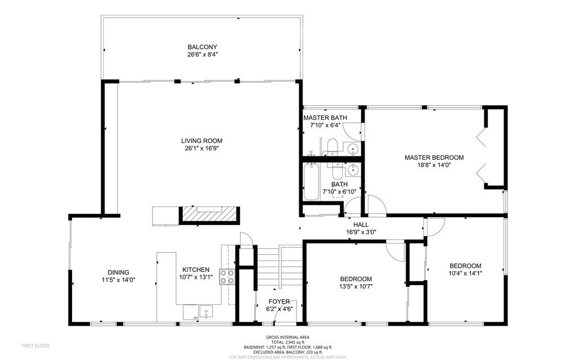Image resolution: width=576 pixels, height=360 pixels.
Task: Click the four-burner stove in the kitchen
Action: pyautogui.click(x=227, y=277)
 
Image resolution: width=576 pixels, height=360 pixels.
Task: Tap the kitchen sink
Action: pyautogui.click(x=206, y=311)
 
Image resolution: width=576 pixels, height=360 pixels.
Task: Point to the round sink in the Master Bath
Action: pyautogui.click(x=353, y=149)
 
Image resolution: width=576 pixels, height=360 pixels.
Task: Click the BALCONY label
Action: pyautogui.click(x=202, y=47)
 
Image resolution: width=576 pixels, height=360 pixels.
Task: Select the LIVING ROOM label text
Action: pyautogui.click(x=201, y=141)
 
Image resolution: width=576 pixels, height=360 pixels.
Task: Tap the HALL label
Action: pyautogui.click(x=361, y=224)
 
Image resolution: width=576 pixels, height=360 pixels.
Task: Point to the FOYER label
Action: pyautogui.click(x=279, y=301)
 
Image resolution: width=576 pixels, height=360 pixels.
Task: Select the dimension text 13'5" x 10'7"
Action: pyautogui.click(x=355, y=287)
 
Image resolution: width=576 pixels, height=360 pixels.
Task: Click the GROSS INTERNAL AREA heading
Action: pyautogui.click(x=287, y=336)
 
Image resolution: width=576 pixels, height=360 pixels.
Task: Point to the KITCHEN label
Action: pyautogui.click(x=196, y=270)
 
